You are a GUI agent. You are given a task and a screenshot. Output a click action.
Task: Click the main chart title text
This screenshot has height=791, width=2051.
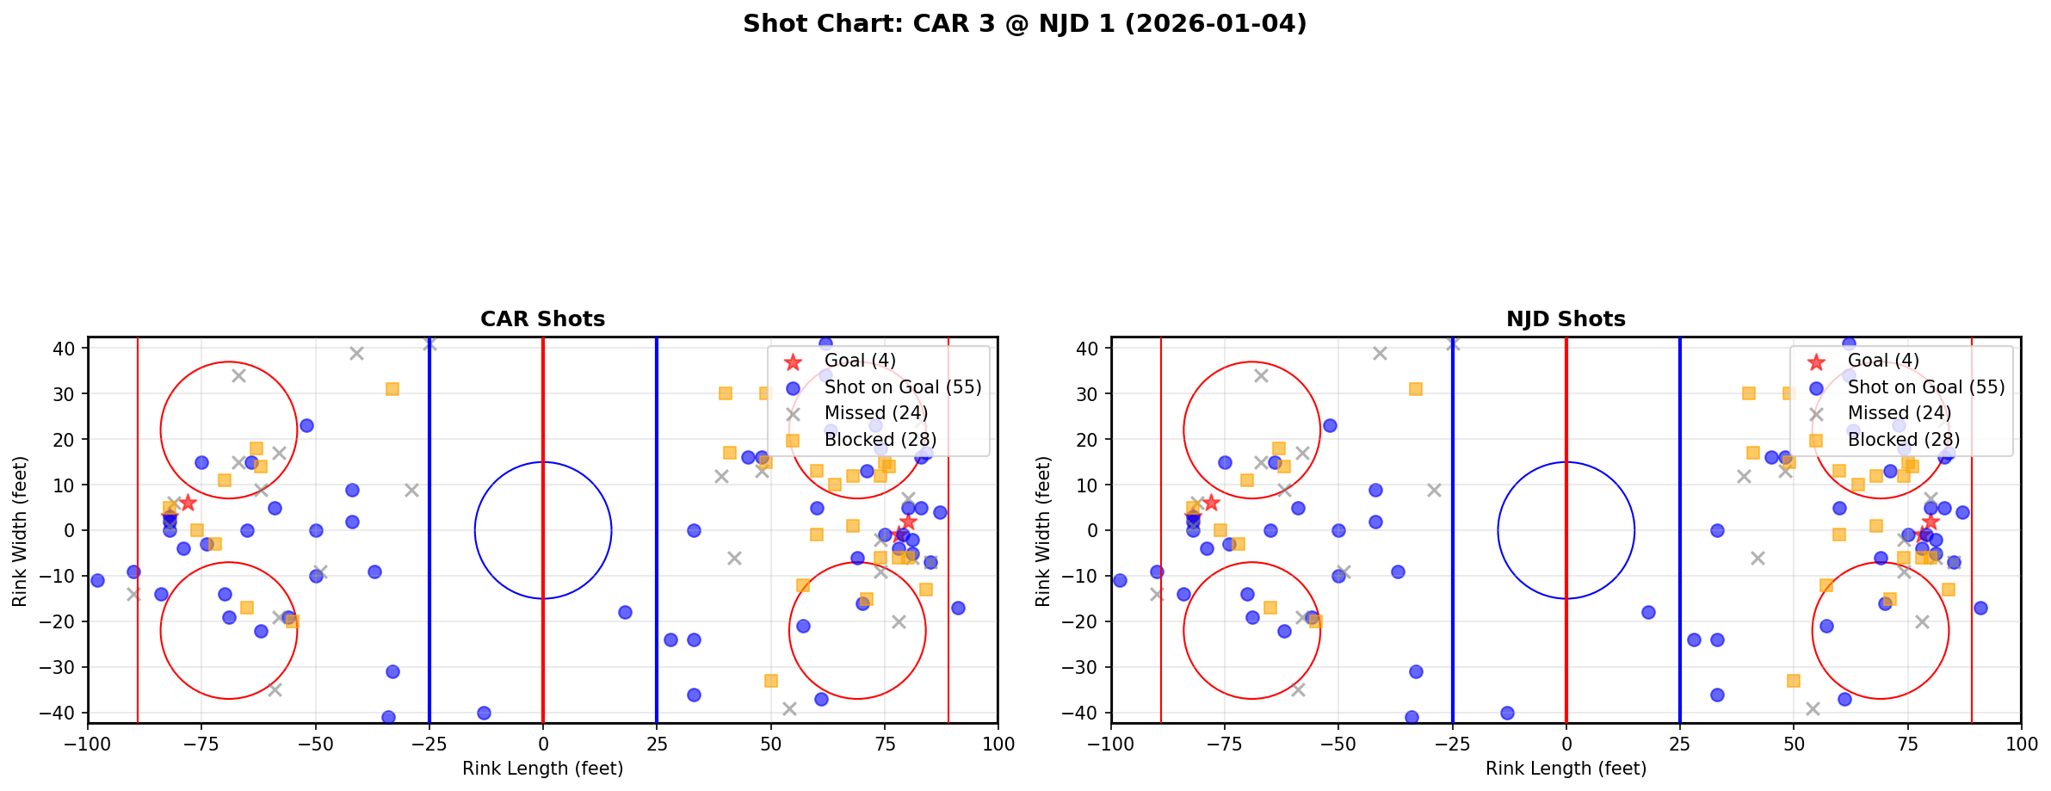pos(1024,24)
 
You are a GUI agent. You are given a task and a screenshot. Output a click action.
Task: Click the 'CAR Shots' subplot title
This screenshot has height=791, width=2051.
pos(542,319)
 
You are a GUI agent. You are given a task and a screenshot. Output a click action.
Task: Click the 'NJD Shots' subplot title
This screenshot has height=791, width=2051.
pos(1565,319)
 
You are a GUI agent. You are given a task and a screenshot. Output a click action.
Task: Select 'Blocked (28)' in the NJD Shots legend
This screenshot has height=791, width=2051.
pos(1903,440)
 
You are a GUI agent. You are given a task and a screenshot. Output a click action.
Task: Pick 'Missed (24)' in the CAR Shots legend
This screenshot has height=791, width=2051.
pos(875,413)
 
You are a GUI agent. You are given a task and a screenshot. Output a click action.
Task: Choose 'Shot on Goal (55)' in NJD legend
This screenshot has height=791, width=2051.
pos(1925,387)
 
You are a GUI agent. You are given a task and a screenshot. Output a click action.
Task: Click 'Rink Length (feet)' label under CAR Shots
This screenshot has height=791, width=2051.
pos(542,769)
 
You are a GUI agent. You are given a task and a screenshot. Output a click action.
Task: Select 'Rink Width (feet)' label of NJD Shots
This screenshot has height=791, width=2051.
pos(1043,531)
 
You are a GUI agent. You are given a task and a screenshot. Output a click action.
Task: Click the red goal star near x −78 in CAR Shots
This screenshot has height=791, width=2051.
pos(188,503)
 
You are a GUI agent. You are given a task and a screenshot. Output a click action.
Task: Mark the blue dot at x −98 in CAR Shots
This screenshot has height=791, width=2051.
pos(97,580)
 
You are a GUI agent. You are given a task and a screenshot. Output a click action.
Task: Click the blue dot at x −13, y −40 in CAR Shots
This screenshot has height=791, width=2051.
pos(484,713)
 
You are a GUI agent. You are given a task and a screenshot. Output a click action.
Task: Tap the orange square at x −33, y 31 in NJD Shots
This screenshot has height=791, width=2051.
pos(1415,389)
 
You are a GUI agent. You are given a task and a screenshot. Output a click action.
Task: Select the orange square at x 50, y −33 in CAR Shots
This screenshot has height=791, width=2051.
pos(770,681)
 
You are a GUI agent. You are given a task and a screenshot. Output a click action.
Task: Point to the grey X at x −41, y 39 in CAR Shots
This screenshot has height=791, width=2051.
pos(356,353)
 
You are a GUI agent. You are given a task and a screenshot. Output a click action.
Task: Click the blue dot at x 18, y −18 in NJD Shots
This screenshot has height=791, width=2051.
pos(1647,612)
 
